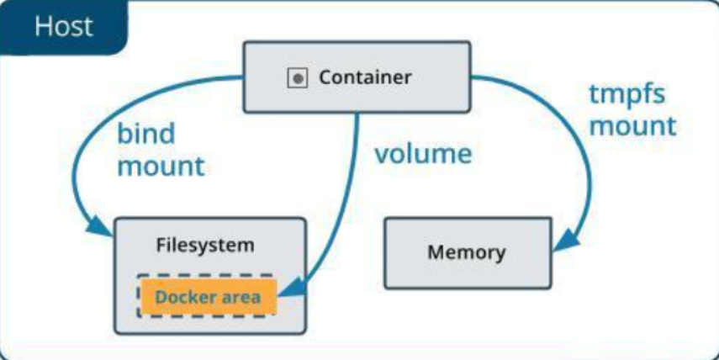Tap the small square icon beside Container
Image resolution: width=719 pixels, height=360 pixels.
297,78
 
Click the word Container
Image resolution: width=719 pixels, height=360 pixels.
365,78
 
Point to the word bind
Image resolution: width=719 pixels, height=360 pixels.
145,135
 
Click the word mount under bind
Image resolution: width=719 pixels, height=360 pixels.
161,166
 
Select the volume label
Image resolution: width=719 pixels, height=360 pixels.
423,154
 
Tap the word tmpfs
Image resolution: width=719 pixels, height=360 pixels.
627,94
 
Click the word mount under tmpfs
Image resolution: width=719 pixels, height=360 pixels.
632,125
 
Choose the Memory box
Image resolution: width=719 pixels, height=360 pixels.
467,252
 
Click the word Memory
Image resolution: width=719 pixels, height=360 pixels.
467,252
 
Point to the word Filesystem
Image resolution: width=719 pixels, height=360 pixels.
205,246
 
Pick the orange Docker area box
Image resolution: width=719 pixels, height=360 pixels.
208,297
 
